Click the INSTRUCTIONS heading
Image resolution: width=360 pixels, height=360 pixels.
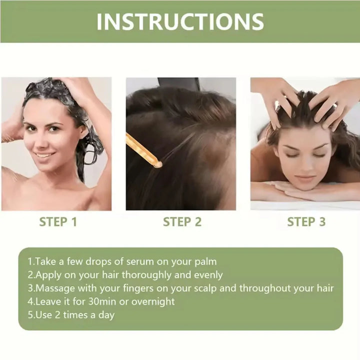180,21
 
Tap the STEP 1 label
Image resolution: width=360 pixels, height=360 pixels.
58,222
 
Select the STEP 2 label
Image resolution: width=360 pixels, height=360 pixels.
182,222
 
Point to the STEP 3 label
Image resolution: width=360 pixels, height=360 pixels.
306,222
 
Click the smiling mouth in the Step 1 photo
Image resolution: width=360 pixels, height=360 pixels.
45,155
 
